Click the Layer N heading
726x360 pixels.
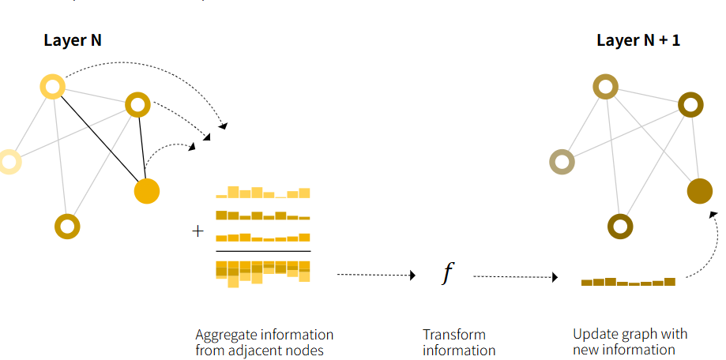click(72, 40)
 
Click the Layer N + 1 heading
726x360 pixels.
click(638, 40)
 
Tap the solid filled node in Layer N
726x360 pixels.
click(147, 191)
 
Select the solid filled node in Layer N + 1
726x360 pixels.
click(699, 191)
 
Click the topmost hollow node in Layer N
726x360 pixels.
click(52, 85)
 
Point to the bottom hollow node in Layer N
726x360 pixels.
click(67, 227)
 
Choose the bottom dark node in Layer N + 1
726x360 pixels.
click(620, 227)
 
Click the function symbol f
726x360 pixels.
click(448, 273)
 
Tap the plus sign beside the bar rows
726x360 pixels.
click(197, 231)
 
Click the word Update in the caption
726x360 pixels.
click(593, 334)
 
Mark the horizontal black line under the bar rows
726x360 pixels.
click(263, 251)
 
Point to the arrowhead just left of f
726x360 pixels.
click(412, 276)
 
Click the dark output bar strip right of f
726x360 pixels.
click(628, 281)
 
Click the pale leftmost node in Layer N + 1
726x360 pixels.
click(561, 162)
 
